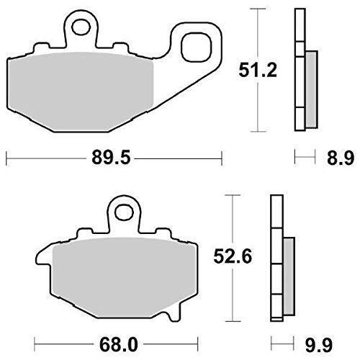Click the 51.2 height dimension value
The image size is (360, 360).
[x=258, y=70]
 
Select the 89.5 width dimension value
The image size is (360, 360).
[x=111, y=158]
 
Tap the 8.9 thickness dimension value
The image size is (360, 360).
[x=341, y=158]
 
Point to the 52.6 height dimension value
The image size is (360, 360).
[x=233, y=256]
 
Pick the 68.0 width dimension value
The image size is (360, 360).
[x=119, y=345]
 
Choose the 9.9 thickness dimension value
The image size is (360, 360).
[x=319, y=345]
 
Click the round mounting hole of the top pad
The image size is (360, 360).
[x=81, y=27]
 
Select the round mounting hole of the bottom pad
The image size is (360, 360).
[x=124, y=212]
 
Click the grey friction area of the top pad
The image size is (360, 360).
[x=81, y=91]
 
